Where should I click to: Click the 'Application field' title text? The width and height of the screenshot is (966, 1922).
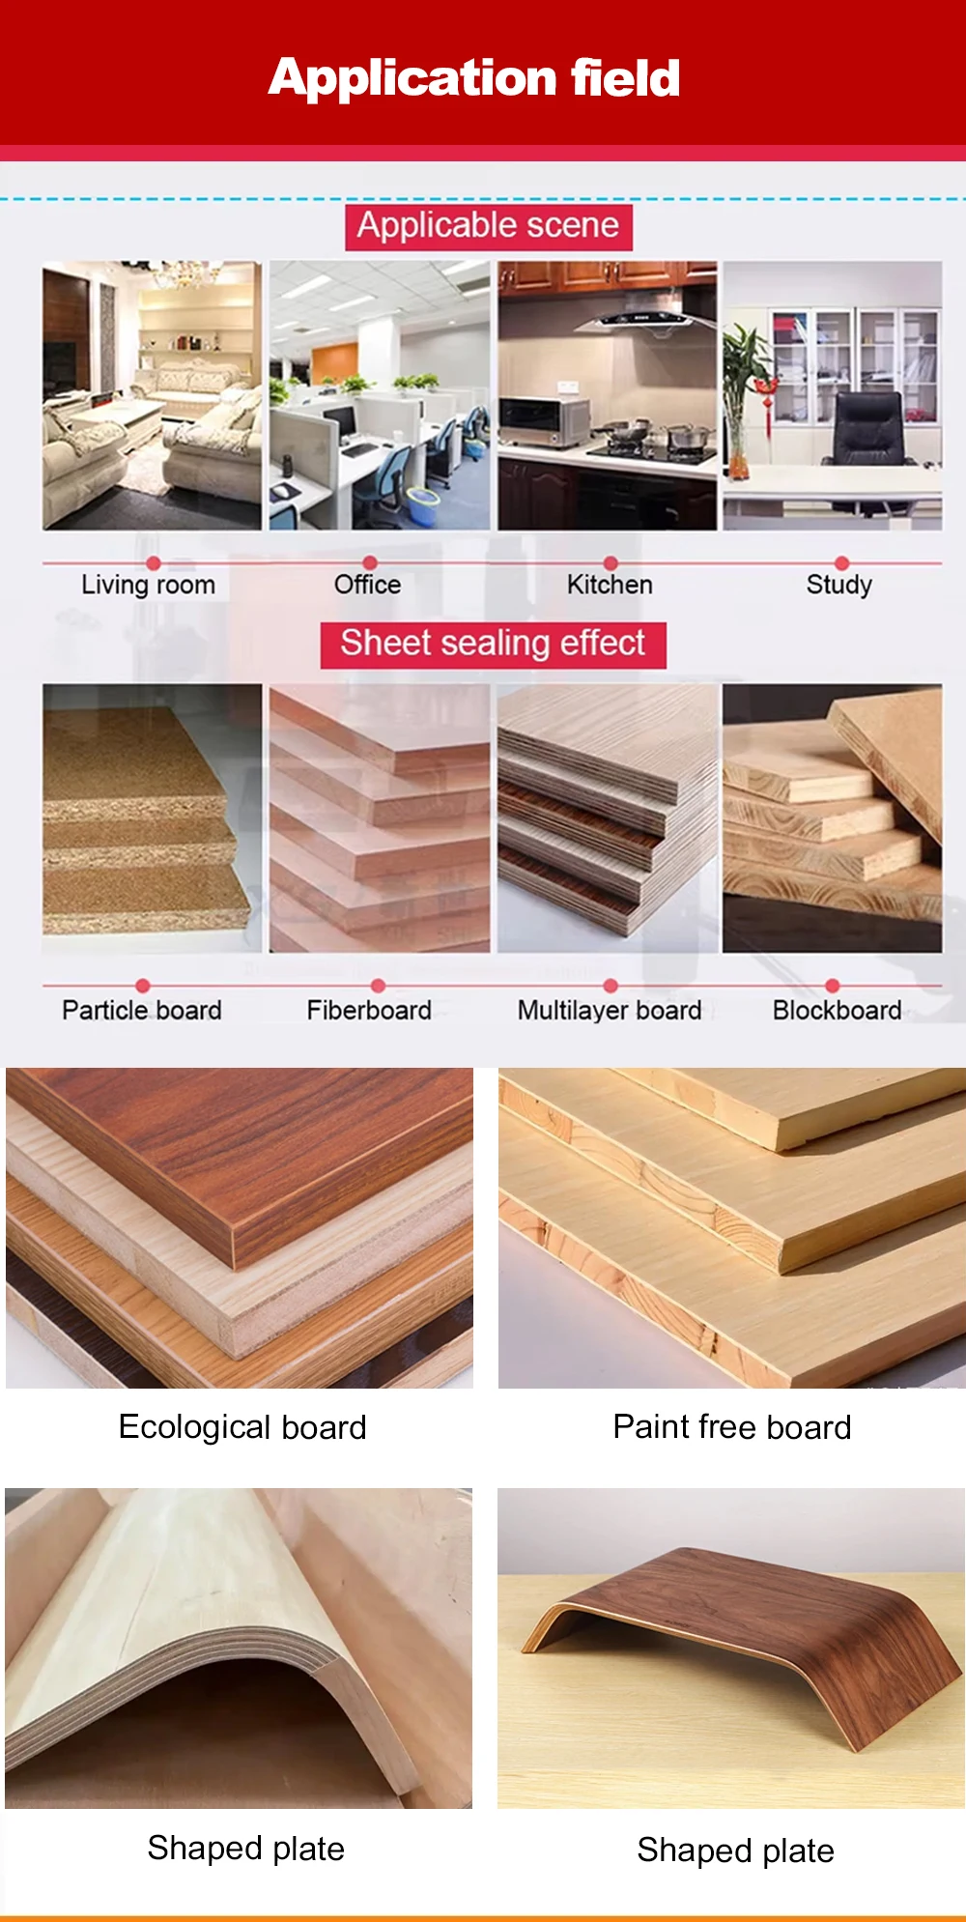pyautogui.click(x=474, y=77)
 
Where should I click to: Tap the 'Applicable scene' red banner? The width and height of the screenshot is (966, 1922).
pyautogui.click(x=489, y=227)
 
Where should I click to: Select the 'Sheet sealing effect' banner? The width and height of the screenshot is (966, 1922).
pyautogui.click(x=493, y=645)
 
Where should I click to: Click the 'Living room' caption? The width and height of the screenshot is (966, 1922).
pyautogui.click(x=148, y=585)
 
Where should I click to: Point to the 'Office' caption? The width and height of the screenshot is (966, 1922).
pyautogui.click(x=367, y=585)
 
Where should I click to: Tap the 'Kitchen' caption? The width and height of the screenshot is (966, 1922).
pyautogui.click(x=610, y=585)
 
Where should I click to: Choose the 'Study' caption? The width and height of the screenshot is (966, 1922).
pyautogui.click(x=839, y=585)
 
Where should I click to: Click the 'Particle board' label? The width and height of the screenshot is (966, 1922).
pyautogui.click(x=142, y=1010)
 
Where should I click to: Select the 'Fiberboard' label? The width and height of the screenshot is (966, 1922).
pyautogui.click(x=369, y=1010)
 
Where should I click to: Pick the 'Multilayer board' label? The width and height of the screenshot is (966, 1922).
pyautogui.click(x=610, y=1010)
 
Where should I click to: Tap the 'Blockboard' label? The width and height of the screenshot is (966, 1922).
pyautogui.click(x=837, y=1010)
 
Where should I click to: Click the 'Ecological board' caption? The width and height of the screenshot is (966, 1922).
pyautogui.click(x=242, y=1427)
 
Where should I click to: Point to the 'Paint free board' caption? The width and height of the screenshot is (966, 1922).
pyautogui.click(x=732, y=1427)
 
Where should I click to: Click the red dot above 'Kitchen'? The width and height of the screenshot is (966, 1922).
pyautogui.click(x=610, y=562)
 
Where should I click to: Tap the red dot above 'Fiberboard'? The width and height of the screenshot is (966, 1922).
pyautogui.click(x=378, y=986)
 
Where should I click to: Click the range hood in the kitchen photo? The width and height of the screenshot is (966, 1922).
pyautogui.click(x=642, y=317)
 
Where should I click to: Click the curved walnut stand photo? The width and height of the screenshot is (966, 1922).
pyautogui.click(x=731, y=1648)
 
